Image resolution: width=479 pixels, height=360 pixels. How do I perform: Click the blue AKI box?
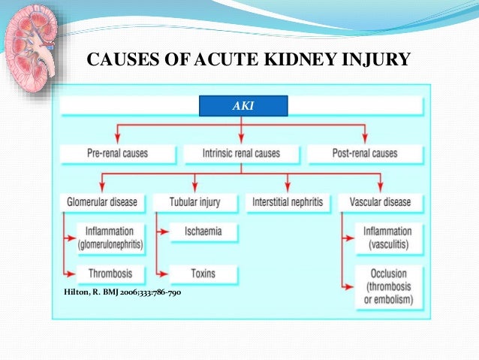click(243, 106)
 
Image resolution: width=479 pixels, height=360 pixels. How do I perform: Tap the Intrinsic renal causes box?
click(241, 153)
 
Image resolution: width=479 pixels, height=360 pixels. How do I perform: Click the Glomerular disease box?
click(101, 201)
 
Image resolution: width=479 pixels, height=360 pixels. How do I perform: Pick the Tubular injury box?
click(194, 201)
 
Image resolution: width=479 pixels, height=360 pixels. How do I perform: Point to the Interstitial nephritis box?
click(287, 201)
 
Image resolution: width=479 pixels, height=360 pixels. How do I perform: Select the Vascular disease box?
click(381, 201)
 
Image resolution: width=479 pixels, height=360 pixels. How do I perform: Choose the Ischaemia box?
click(203, 231)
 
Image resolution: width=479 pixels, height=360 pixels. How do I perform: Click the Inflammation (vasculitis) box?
click(387, 237)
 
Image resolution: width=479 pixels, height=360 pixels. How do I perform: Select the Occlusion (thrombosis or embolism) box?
click(387, 286)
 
